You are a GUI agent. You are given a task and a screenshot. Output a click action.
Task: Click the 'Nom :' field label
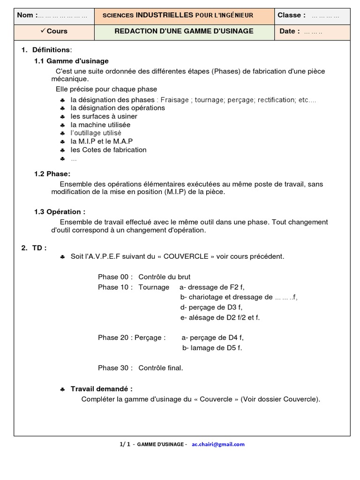click(25, 15)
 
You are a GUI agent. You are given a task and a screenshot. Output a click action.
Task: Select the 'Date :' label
click(289, 31)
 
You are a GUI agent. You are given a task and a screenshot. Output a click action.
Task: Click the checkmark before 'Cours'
click(43, 31)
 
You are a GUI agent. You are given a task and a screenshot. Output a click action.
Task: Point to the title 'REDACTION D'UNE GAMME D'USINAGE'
click(184, 31)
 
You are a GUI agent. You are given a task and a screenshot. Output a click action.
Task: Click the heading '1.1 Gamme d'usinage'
click(71, 61)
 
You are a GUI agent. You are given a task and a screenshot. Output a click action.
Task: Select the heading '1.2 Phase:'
click(52, 174)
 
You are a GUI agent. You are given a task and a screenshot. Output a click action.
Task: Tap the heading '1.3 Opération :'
click(60, 212)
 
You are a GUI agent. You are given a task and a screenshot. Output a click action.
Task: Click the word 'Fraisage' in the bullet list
click(174, 100)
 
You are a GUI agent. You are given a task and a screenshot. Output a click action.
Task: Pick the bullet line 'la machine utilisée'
click(100, 125)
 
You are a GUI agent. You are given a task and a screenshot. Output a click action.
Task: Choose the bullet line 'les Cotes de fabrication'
click(108, 150)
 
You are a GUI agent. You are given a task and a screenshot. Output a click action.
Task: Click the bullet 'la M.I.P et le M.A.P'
click(102, 142)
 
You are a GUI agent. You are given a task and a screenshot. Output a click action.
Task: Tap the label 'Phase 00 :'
click(115, 277)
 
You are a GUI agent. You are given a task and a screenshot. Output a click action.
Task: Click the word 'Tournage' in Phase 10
click(154, 287)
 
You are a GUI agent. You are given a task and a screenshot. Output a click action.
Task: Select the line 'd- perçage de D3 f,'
click(211, 307)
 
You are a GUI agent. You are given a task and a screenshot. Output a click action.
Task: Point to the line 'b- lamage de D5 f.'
click(212, 348)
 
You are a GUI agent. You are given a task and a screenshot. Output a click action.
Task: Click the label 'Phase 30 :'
click(115, 368)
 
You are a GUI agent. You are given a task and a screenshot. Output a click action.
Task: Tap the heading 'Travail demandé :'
click(101, 389)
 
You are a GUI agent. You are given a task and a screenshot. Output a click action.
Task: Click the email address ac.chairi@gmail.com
click(218, 444)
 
